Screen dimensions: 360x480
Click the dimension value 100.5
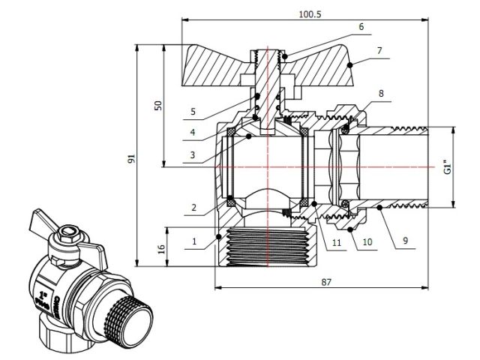pyautogui.click(x=306, y=13)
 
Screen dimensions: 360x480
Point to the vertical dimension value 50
pyautogui.click(x=157, y=105)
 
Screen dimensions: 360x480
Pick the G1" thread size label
pyautogui.click(x=447, y=166)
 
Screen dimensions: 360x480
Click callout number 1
pyautogui.click(x=195, y=241)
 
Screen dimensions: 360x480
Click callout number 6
pyautogui.click(x=361, y=26)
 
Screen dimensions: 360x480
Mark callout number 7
pyautogui.click(x=381, y=50)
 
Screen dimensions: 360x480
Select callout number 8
pyautogui.click(x=381, y=94)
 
